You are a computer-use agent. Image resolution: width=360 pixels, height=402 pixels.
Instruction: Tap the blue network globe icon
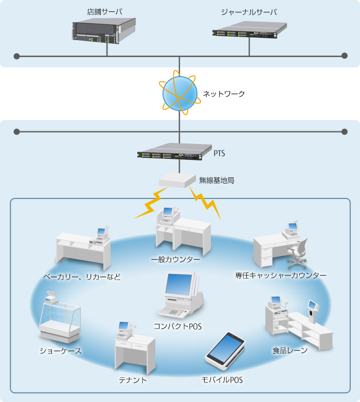(179, 93)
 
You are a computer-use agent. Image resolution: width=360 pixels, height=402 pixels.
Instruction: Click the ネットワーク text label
(224, 94)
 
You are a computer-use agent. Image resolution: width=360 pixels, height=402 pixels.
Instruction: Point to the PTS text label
(220, 153)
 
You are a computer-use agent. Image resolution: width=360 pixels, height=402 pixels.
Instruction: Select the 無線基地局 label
(217, 181)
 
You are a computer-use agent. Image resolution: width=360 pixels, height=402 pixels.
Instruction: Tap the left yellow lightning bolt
(152, 203)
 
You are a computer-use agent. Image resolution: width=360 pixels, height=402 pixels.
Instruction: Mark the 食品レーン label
(290, 351)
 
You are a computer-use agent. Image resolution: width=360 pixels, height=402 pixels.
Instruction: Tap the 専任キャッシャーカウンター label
(281, 276)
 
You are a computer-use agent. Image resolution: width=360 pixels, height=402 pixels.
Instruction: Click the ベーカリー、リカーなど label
(82, 277)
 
